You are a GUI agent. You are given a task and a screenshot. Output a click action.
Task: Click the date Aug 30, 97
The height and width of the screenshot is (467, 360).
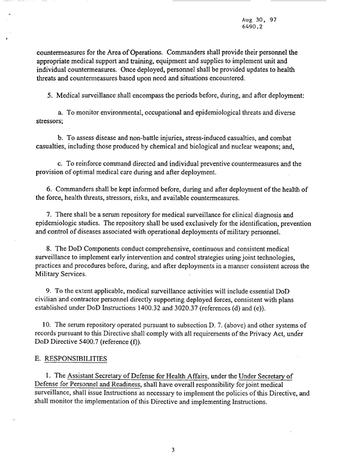tap(259, 19)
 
